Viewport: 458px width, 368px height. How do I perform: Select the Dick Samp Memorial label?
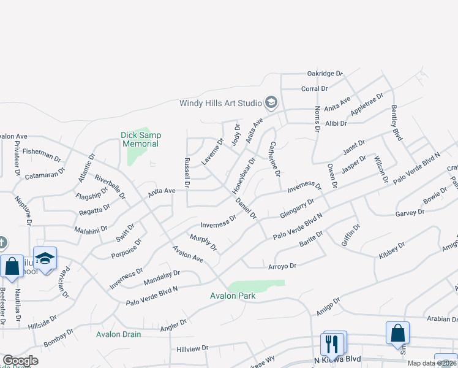[x=140, y=139]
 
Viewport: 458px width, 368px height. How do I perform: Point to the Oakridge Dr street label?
[x=325, y=74]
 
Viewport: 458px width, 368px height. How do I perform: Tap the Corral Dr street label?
[x=315, y=89]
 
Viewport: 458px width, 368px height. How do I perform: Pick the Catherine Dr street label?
[x=274, y=158]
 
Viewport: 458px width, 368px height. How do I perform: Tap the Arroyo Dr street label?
[x=282, y=266]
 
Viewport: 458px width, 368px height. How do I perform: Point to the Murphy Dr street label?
[x=204, y=242]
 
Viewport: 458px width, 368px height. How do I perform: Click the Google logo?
[x=20, y=361]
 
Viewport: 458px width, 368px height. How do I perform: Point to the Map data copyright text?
[x=432, y=363]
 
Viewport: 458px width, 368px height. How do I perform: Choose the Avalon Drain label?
[x=118, y=334]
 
